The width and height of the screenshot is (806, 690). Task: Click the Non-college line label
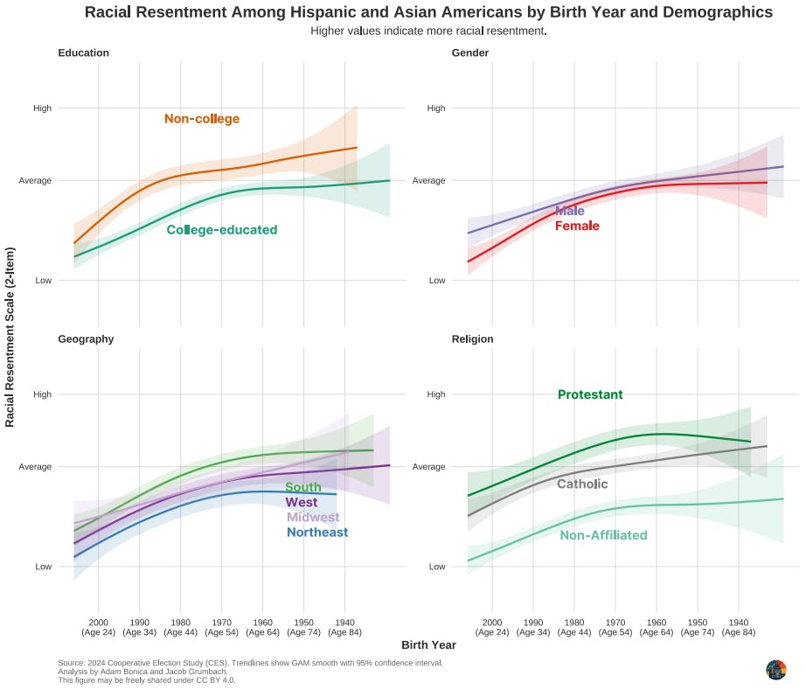(x=202, y=119)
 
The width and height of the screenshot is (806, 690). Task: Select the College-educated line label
(x=222, y=230)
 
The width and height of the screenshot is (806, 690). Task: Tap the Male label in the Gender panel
(x=570, y=211)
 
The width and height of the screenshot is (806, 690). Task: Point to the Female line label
(x=577, y=226)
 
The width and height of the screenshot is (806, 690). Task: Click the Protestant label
(x=590, y=394)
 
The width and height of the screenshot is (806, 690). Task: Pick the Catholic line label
(x=582, y=484)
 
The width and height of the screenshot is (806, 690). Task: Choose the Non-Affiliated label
(x=603, y=535)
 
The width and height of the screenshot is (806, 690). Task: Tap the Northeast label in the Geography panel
(x=317, y=532)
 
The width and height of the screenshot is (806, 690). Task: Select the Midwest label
(x=313, y=517)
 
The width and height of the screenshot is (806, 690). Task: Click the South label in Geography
(x=303, y=487)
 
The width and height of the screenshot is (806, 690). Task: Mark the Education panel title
(x=83, y=52)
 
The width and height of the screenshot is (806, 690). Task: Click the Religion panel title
(x=472, y=338)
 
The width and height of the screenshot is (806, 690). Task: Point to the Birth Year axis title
(x=428, y=645)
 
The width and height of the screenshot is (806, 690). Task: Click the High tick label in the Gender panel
(x=435, y=108)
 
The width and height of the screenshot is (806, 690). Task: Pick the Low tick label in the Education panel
(x=43, y=281)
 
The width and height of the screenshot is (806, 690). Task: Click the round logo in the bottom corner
(x=775, y=670)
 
